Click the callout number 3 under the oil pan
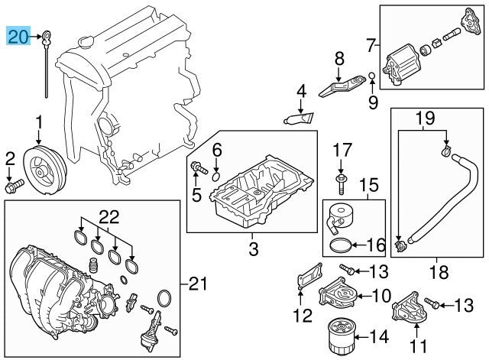pyautogui.click(x=253, y=248)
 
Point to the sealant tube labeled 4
pyautogui.click(x=300, y=118)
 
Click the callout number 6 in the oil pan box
pyautogui.click(x=216, y=150)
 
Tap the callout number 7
pyautogui.click(x=371, y=45)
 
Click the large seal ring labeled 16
pyautogui.click(x=342, y=246)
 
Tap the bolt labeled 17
pyautogui.click(x=341, y=181)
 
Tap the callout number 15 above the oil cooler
pyautogui.click(x=369, y=184)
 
